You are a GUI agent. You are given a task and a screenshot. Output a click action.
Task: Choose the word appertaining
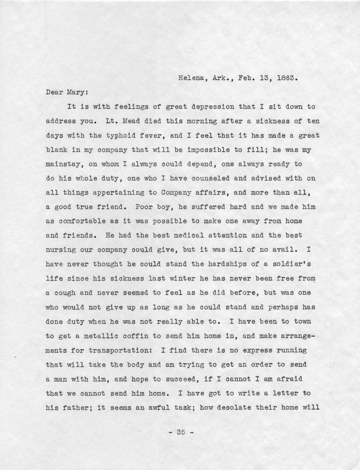point(118,192)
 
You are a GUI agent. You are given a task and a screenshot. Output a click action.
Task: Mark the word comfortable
point(82,221)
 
